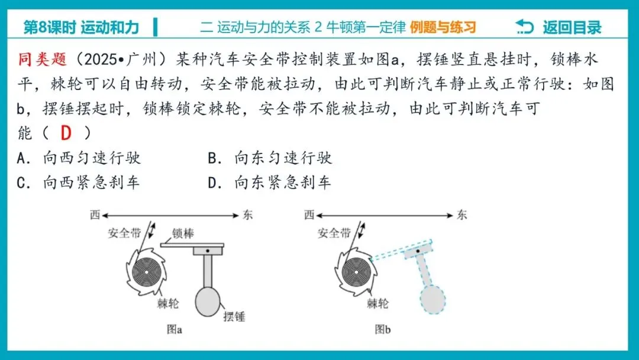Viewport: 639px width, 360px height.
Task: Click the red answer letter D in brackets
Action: (x=65, y=133)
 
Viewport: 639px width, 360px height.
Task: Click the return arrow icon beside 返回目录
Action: (x=524, y=27)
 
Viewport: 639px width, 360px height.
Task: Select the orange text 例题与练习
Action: (x=443, y=27)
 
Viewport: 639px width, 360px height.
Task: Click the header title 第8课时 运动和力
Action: (x=81, y=27)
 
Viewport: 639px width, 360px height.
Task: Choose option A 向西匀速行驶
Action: (x=80, y=158)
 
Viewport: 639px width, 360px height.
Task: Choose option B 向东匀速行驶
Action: (x=270, y=158)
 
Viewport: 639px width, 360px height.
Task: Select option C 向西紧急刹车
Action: (x=79, y=183)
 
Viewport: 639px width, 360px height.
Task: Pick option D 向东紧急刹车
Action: (x=270, y=183)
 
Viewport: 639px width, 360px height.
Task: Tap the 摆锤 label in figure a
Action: (x=234, y=316)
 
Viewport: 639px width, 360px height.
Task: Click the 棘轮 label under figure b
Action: (x=377, y=304)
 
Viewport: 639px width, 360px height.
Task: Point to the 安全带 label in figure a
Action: (x=124, y=233)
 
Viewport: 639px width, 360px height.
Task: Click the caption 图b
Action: (x=383, y=330)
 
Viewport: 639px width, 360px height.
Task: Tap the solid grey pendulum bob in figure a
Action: (x=208, y=300)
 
